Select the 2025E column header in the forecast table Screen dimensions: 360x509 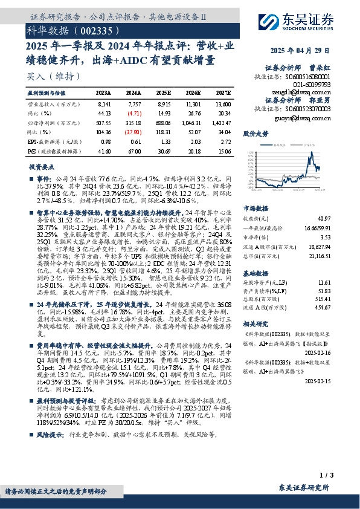point(163,93)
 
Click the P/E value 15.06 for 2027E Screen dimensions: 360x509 point(223,149)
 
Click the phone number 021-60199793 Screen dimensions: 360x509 point(309,86)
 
